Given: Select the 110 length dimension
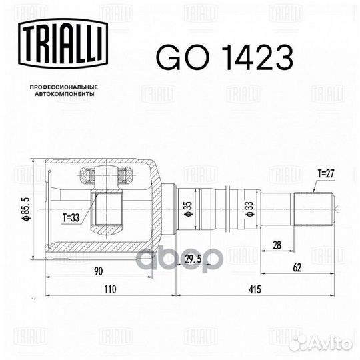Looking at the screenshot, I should (110, 289).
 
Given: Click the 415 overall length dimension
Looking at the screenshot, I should (255, 289).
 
